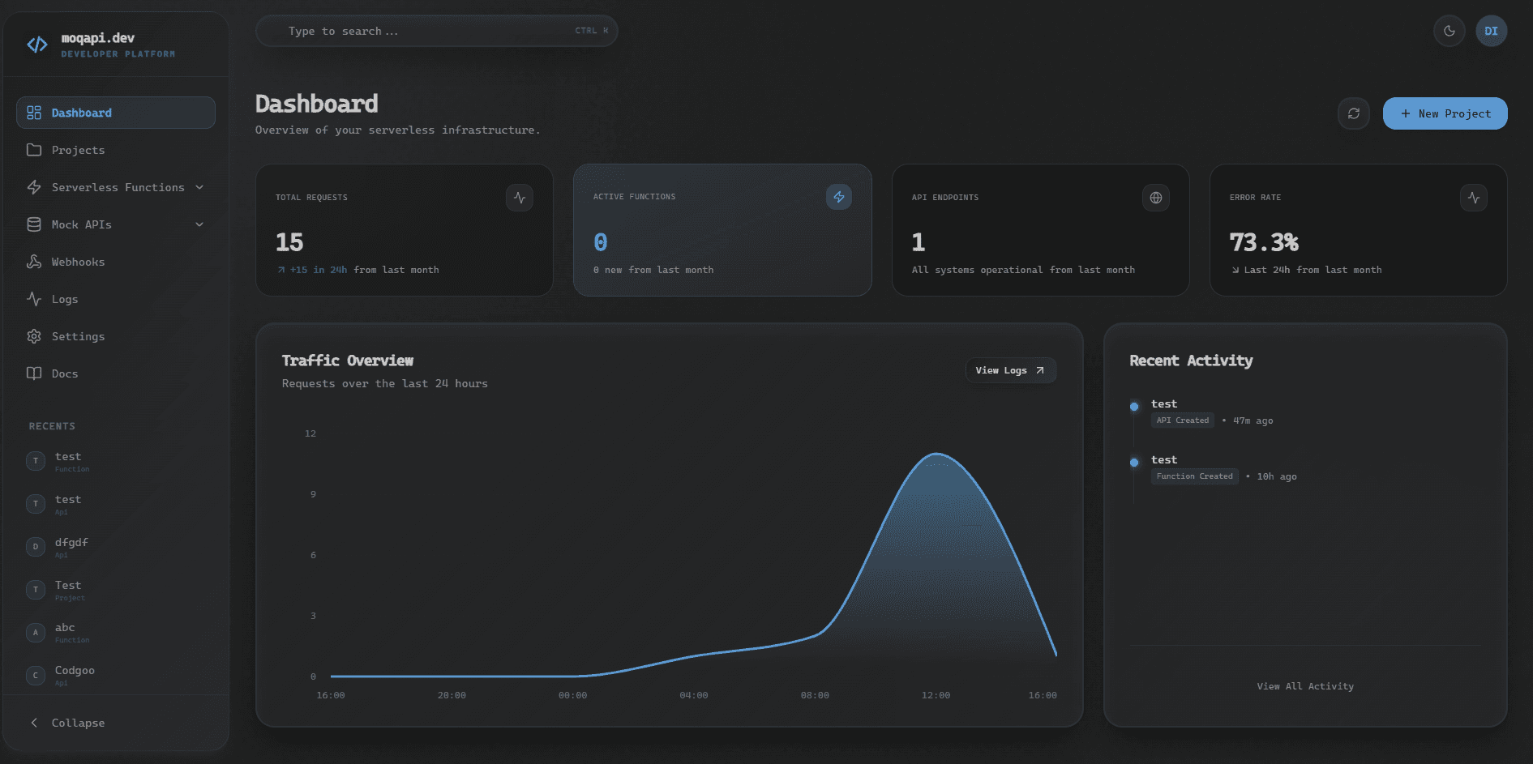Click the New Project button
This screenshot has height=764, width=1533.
pyautogui.click(x=1445, y=113)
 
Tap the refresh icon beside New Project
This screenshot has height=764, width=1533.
pyautogui.click(x=1353, y=113)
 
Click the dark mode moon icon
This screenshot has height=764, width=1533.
pyautogui.click(x=1449, y=32)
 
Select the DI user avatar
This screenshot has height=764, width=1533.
pyautogui.click(x=1491, y=32)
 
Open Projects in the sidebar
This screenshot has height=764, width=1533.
pyautogui.click(x=78, y=150)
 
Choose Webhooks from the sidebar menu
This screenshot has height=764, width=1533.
pyautogui.click(x=78, y=262)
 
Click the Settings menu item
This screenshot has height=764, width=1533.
pyautogui.click(x=78, y=336)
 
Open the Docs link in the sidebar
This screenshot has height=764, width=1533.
pyautogui.click(x=65, y=373)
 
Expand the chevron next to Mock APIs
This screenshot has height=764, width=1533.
pyautogui.click(x=199, y=224)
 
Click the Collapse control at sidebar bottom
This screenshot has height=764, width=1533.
pyautogui.click(x=78, y=723)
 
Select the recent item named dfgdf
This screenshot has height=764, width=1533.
pyautogui.click(x=71, y=543)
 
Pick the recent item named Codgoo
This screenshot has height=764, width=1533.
pyautogui.click(x=75, y=671)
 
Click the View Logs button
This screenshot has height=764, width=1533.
pyautogui.click(x=1010, y=370)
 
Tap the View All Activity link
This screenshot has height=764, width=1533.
pyautogui.click(x=1305, y=686)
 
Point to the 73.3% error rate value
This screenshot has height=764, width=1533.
pyautogui.click(x=1264, y=242)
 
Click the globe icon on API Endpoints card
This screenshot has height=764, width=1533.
pyautogui.click(x=1155, y=198)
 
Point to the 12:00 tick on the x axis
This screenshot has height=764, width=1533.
pyautogui.click(x=936, y=695)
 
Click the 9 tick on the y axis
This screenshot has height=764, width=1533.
pyautogui.click(x=313, y=494)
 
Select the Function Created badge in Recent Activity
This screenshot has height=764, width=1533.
pyautogui.click(x=1194, y=476)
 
